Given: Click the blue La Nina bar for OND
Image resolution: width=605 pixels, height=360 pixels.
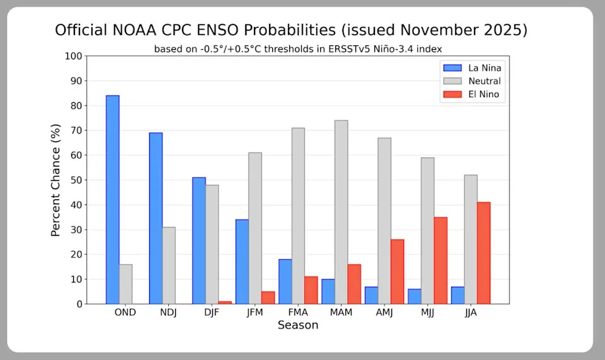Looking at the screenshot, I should click(x=112, y=199).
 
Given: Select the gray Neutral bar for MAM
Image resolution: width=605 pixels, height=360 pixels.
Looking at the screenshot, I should click(x=341, y=212).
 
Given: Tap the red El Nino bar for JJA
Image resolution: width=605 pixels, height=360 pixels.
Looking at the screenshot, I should click(x=483, y=253).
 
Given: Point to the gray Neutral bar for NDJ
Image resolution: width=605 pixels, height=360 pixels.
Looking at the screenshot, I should click(x=169, y=265).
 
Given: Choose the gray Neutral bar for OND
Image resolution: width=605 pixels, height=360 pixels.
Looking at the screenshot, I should click(x=126, y=284).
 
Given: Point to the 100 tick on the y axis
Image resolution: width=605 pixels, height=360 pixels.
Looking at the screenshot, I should click(x=74, y=56).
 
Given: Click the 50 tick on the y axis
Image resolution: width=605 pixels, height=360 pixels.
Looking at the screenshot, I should click(x=76, y=180).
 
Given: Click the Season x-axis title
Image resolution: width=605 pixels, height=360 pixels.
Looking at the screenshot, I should click(x=297, y=325).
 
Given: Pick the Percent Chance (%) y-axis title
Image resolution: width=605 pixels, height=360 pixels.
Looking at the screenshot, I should click(x=56, y=180).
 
